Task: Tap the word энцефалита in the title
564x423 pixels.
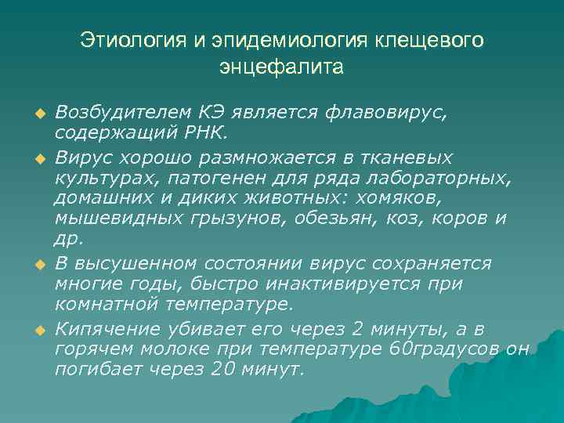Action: click(x=282, y=67)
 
